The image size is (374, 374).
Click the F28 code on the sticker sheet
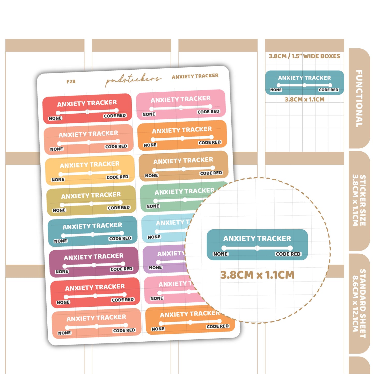tap(71, 82)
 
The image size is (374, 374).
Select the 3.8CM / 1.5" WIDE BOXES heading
tap(304, 56)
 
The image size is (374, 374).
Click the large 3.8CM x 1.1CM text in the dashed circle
tap(257, 275)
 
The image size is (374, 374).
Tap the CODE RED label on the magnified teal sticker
tap(288, 254)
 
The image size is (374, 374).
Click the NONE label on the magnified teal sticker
tap(221, 254)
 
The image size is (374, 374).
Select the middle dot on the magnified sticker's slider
tap(257, 248)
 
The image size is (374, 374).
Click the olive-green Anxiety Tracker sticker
tap(91, 201)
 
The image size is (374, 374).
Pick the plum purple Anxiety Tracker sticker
tap(94, 262)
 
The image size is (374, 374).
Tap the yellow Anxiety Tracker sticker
tap(90, 170)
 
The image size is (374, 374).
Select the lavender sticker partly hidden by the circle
tap(165, 259)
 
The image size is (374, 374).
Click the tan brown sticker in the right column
tap(184, 166)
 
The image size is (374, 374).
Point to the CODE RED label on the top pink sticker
tap(208, 112)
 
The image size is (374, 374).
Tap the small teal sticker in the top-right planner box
tap(305, 83)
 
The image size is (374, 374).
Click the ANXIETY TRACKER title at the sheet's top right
tap(195, 76)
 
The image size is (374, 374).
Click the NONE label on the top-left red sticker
tap(55, 118)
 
